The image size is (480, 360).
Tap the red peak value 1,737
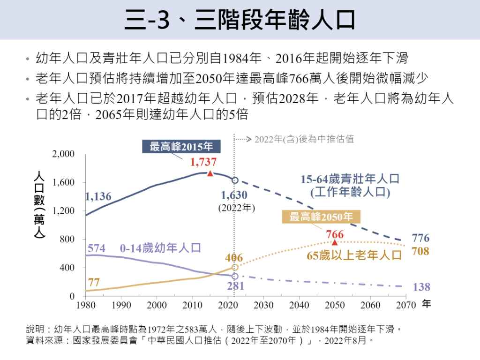(203, 162)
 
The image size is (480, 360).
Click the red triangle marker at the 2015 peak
(210, 173)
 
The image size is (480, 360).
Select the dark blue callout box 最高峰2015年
(181, 147)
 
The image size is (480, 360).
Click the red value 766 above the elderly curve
(335, 234)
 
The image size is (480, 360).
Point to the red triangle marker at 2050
(335, 242)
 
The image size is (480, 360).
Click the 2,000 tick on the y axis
(63, 154)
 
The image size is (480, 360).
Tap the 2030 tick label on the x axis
(263, 305)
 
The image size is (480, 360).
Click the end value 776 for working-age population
(420, 237)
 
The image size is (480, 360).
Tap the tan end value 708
(420, 251)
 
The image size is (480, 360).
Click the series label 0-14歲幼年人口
(160, 247)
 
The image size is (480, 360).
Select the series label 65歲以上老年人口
(355, 255)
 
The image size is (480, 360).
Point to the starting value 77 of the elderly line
(94, 282)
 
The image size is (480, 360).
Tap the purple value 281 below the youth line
(235, 286)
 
